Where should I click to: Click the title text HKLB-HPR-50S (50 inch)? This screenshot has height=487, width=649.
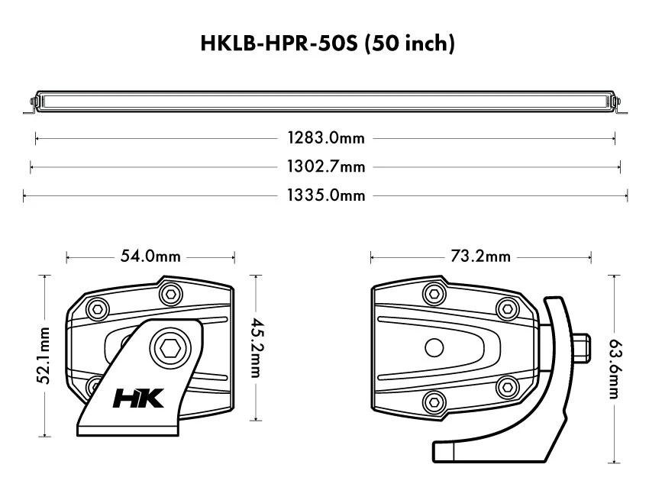tap(328, 44)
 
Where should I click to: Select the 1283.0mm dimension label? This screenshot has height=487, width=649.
tap(326, 138)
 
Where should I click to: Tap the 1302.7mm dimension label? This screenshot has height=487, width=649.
tap(326, 166)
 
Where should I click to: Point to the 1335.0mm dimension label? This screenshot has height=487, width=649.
tap(326, 195)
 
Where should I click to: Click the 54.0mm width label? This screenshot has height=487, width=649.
tap(150, 256)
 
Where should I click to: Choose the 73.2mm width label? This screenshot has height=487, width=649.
tap(480, 256)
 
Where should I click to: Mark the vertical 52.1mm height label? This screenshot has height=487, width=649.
tap(44, 356)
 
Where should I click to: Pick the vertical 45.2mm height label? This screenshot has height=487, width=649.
tap(257, 347)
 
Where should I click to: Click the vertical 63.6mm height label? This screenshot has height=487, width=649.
tap(614, 369)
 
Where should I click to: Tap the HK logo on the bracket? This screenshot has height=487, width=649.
tap(138, 398)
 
